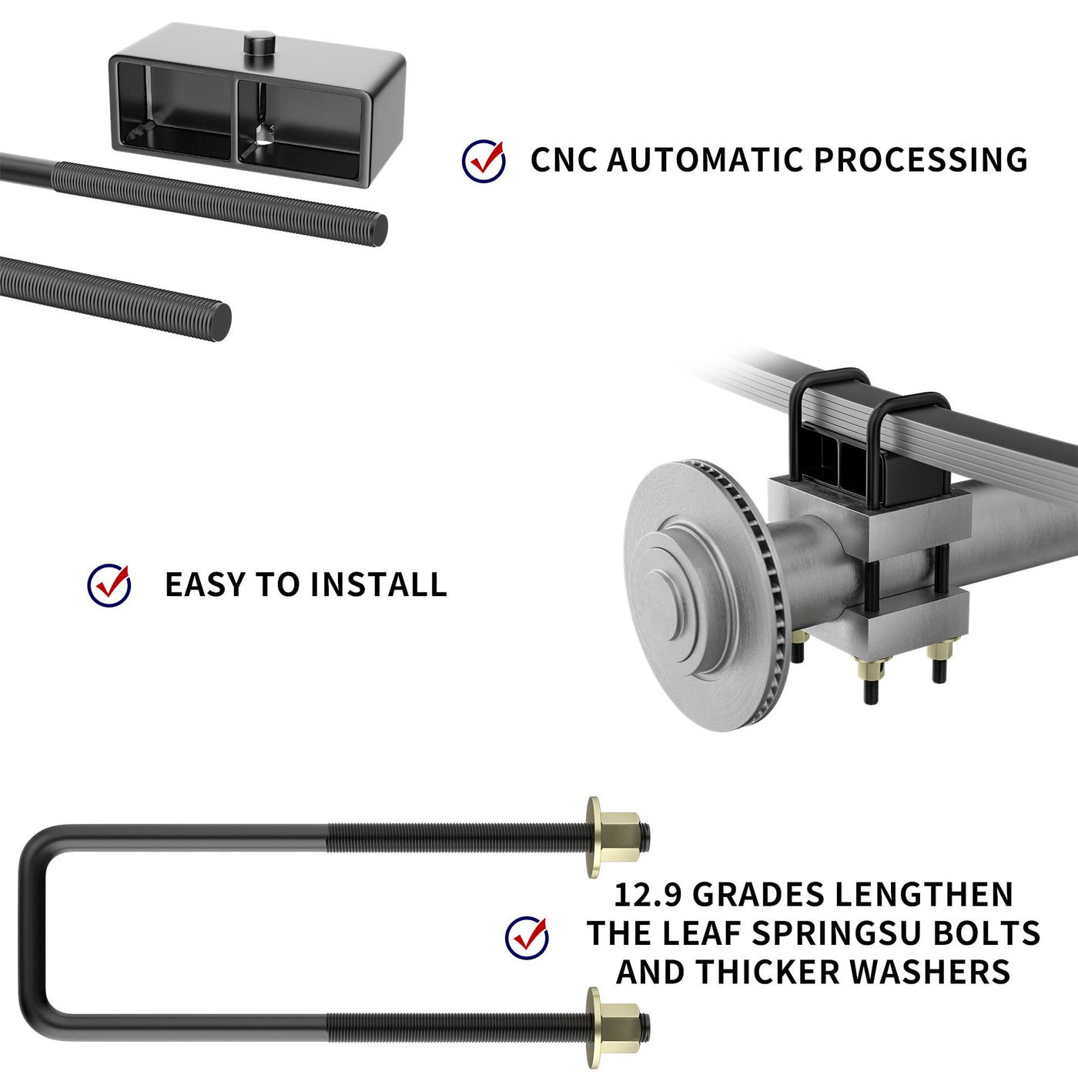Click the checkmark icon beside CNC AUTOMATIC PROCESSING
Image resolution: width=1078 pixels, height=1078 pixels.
click(x=484, y=161)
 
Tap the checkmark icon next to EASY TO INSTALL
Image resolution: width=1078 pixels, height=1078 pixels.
click(x=109, y=585)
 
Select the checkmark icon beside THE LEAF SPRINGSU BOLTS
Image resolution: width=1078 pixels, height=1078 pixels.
click(x=527, y=938)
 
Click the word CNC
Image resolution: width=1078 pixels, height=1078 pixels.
click(x=564, y=160)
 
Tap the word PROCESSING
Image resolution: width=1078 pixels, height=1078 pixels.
click(x=921, y=160)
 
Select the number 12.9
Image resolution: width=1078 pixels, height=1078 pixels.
click(x=648, y=895)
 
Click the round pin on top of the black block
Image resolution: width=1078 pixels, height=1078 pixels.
click(x=259, y=42)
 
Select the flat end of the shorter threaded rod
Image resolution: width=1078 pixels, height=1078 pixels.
click(x=222, y=321)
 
